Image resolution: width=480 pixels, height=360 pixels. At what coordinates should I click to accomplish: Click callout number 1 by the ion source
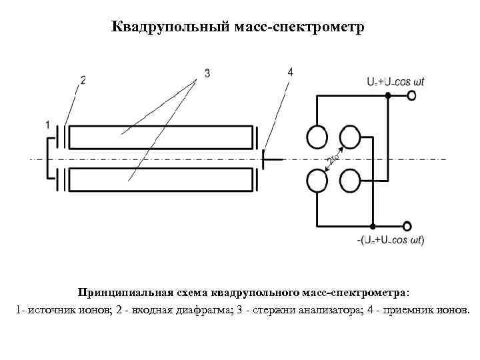point(47,125)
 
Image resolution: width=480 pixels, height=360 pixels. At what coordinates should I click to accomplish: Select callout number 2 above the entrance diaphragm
point(83,80)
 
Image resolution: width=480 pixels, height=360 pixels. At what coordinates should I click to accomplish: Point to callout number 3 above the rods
point(207,73)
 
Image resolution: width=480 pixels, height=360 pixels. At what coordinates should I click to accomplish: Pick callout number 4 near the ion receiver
point(289,71)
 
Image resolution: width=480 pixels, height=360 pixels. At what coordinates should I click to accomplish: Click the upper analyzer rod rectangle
point(163,137)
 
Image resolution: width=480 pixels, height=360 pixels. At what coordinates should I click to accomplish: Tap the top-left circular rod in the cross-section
point(317,137)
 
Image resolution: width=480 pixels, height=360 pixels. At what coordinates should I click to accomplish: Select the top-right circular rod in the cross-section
point(350,137)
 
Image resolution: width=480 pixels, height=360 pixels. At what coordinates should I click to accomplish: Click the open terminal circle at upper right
point(411,96)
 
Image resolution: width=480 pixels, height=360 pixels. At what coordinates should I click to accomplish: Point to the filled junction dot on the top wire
point(387,96)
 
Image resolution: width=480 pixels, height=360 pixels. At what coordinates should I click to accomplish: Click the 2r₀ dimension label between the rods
point(334,158)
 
